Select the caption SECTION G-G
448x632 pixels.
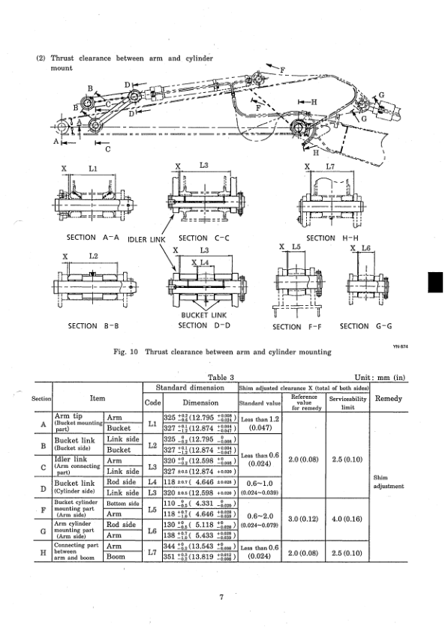pos(365,326)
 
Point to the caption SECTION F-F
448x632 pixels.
pos(297,327)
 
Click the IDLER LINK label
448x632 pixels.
pos(146,239)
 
